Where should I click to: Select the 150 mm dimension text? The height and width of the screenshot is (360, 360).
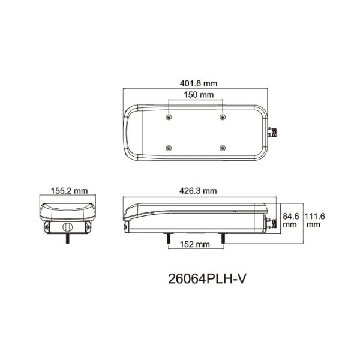196,95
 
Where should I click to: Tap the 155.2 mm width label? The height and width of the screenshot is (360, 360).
67,191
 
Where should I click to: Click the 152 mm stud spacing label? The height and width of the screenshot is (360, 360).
194,244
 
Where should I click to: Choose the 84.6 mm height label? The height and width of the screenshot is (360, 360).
290,220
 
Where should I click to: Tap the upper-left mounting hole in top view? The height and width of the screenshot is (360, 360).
170,116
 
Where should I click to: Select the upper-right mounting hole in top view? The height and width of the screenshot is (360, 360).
223,116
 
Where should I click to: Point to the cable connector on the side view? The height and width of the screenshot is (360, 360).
271,223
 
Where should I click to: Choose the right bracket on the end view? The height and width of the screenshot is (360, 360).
88,226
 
